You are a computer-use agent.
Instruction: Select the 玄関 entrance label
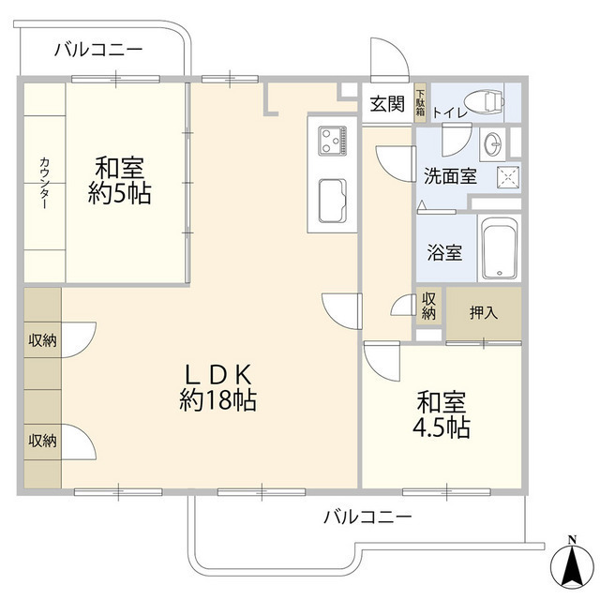coord(386,105)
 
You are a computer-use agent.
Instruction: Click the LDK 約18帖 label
coord(217,387)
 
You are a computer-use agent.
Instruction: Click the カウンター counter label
coord(43,183)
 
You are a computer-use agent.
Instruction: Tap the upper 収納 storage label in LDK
coord(41,340)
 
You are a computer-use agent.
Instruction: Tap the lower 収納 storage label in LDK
coord(41,440)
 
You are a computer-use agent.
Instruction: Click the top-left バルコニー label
coord(97,50)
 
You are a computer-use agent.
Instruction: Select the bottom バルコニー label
coord(367,517)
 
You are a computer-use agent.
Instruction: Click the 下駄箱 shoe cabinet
coord(420,102)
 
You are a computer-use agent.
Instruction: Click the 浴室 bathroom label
coord(444,251)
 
